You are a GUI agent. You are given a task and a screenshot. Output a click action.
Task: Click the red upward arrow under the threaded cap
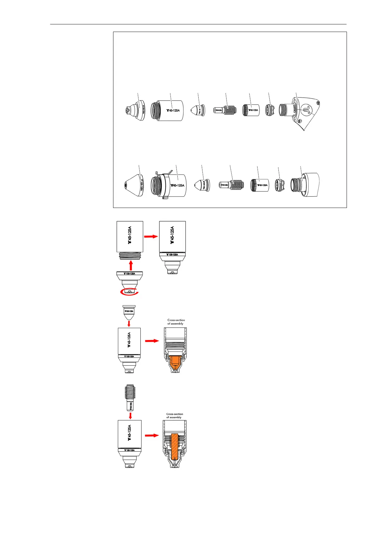131,265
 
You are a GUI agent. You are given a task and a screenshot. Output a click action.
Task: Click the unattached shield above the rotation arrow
130,280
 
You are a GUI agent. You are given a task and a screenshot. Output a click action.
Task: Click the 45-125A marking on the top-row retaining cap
173,111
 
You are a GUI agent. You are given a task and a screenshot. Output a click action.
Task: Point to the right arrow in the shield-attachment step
151,236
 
